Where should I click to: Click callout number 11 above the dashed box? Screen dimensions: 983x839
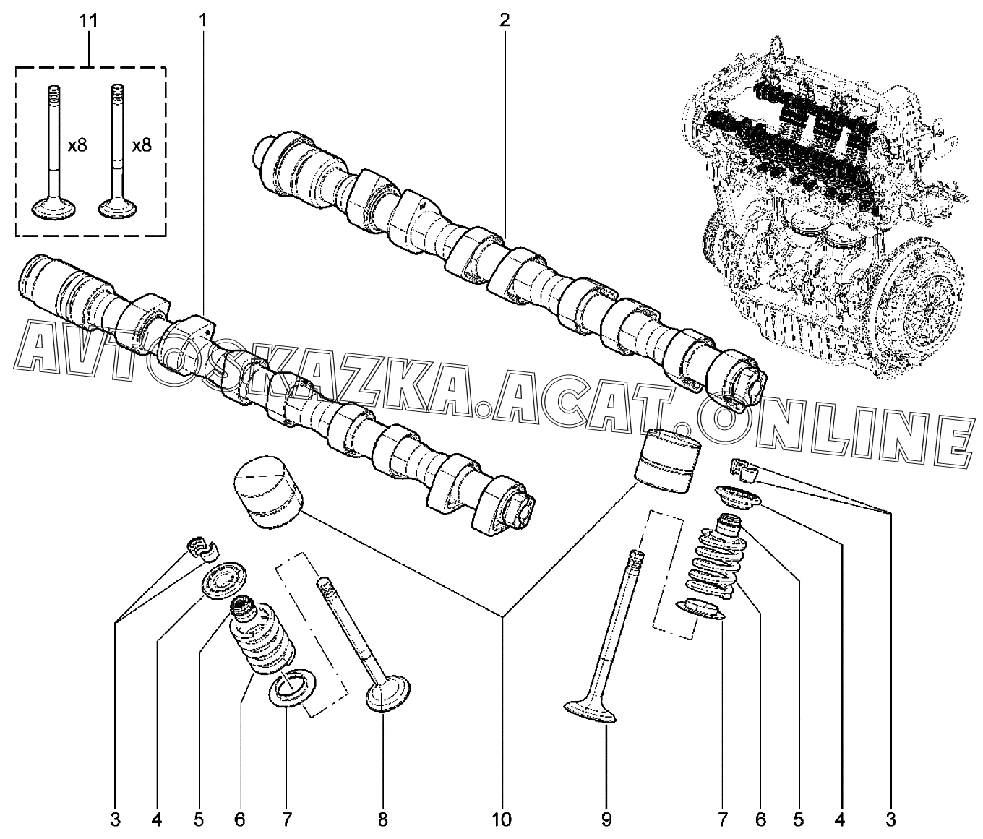pos(88,21)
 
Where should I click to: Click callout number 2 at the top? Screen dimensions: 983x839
pos(505,20)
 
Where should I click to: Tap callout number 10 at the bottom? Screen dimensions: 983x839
pos(502,819)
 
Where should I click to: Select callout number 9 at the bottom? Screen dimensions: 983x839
pos(606,819)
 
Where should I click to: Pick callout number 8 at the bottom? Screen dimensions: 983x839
pos(383,819)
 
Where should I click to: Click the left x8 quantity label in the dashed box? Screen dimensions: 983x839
pos(77,145)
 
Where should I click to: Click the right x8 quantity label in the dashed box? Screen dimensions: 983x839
pos(141,145)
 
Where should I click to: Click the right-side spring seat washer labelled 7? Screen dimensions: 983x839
pos(701,610)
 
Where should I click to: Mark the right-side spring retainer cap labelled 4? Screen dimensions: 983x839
pos(739,498)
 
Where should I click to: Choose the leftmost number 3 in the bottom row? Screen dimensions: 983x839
pos(115,819)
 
